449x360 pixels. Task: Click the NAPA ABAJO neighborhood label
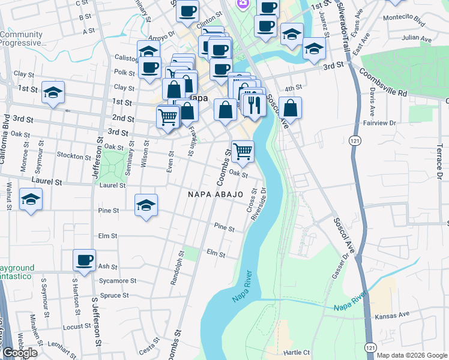215,194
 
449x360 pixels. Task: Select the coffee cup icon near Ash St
85,260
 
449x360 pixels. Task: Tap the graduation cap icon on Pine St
146,205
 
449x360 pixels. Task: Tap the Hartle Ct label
297,352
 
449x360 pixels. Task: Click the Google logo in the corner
20,353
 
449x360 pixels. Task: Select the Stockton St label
73,155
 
